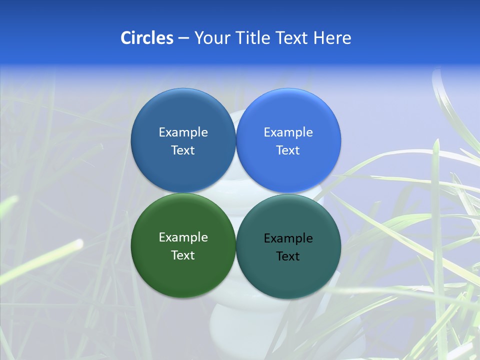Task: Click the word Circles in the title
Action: (x=146, y=38)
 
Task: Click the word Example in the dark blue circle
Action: (x=183, y=132)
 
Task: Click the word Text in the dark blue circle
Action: (x=183, y=150)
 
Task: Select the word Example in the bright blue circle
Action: (x=288, y=132)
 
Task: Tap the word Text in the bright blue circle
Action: (x=288, y=150)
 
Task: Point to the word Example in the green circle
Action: (x=183, y=237)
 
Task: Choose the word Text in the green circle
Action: (x=183, y=255)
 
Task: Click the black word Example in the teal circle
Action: (x=288, y=238)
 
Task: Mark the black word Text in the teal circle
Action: (x=288, y=256)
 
